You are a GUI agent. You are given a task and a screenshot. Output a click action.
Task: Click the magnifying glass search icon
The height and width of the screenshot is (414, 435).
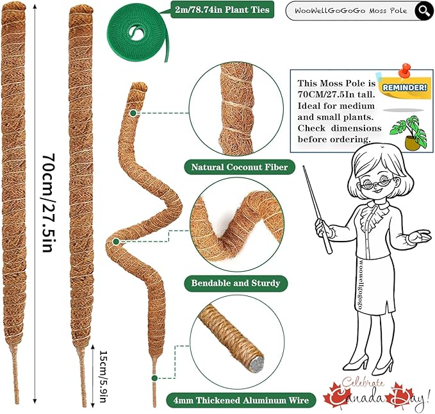[x=423, y=10]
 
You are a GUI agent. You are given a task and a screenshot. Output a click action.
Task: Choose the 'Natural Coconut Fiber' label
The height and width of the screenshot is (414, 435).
[x=236, y=168]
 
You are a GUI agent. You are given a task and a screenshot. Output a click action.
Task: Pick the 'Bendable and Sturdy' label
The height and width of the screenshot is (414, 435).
[x=236, y=283]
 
